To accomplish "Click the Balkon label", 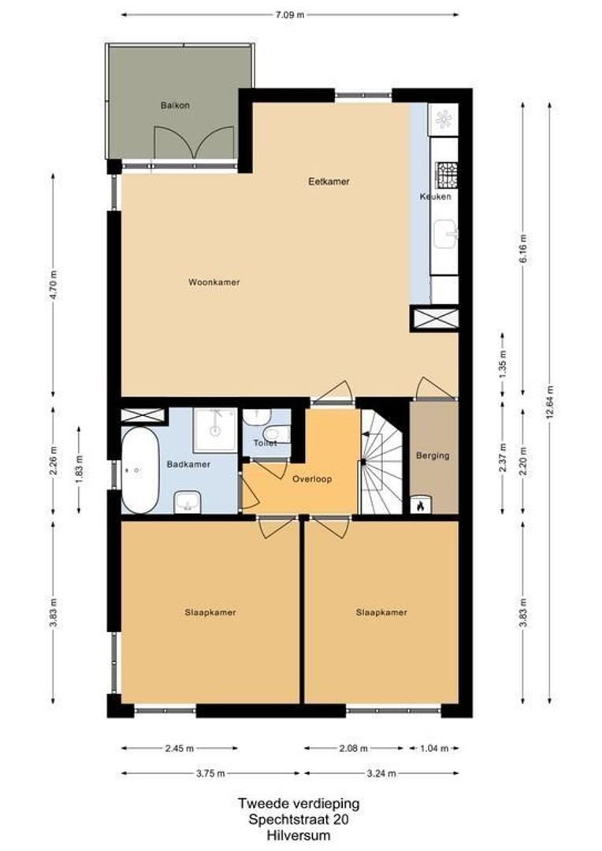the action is click(175, 106).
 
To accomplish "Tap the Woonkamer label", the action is click(214, 282).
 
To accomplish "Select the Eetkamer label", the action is click(329, 182).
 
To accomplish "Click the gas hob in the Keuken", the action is click(447, 173).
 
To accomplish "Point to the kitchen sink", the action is click(446, 233).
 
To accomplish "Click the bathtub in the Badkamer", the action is click(140, 470).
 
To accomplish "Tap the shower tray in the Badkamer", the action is click(215, 429).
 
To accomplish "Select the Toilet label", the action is click(266, 444).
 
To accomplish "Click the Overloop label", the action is click(311, 479).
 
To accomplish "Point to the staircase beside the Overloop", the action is click(381, 461).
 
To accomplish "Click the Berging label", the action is click(433, 455).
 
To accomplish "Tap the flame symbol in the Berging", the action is click(421, 506).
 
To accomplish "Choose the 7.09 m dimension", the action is click(290, 15).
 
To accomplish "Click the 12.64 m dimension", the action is click(551, 402).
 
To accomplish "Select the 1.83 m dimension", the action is click(80, 470).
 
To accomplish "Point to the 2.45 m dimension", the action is click(179, 749).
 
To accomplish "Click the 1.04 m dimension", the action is click(434, 749).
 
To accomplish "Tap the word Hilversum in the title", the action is click(299, 835).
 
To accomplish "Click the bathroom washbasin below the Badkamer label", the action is click(188, 501).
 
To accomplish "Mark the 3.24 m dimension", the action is click(381, 774).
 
